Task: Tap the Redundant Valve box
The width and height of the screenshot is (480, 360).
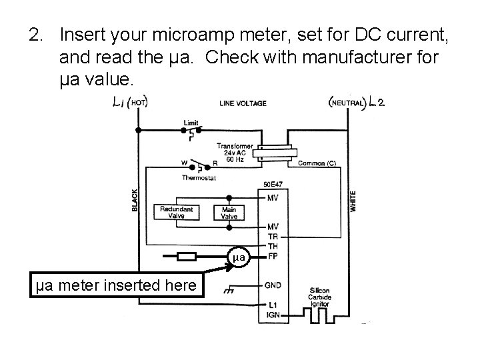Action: point(177,213)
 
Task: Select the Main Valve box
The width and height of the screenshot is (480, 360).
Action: point(229,213)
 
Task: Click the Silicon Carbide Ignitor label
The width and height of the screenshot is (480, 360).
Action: point(325,296)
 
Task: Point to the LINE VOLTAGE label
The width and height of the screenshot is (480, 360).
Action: point(243,103)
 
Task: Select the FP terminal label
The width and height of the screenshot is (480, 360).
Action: point(273,256)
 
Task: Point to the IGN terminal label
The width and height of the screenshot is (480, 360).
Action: point(273,314)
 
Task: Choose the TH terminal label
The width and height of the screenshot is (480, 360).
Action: point(273,246)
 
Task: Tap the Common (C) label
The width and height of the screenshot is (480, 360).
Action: point(316,163)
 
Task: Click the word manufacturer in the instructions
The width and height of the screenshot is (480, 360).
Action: point(331,57)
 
